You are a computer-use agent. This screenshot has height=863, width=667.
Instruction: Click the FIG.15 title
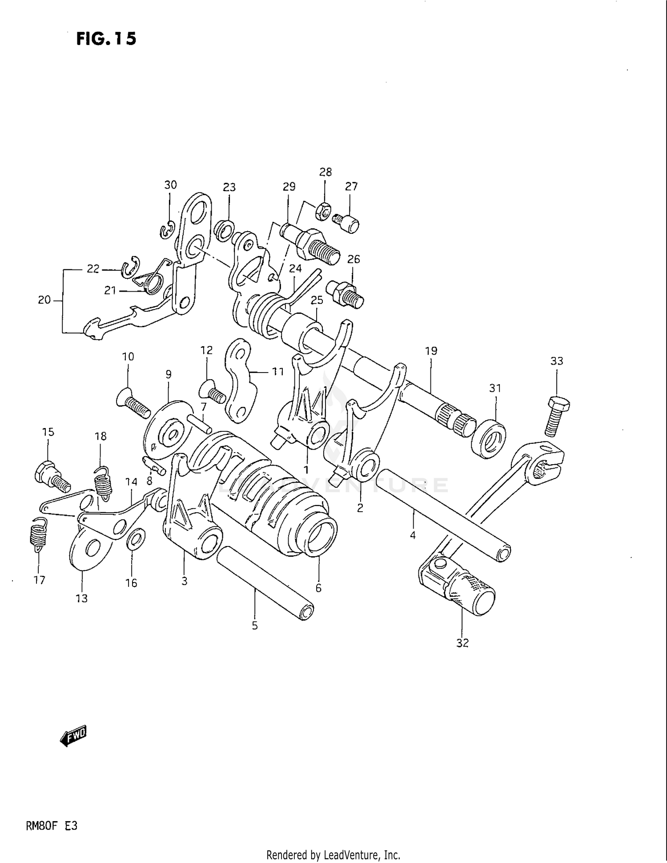click(x=106, y=39)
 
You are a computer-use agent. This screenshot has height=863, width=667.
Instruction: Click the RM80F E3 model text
click(x=52, y=826)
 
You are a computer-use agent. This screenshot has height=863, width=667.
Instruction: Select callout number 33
click(x=557, y=361)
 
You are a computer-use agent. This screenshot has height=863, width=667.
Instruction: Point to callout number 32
click(x=462, y=643)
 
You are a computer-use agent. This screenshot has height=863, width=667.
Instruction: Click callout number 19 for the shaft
click(x=431, y=351)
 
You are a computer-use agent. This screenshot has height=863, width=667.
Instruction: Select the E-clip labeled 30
click(x=168, y=230)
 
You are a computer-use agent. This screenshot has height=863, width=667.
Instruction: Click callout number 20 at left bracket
click(x=44, y=300)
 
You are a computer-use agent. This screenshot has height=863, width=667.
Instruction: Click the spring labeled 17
click(x=39, y=535)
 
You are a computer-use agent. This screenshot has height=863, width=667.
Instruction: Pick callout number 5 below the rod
click(x=255, y=626)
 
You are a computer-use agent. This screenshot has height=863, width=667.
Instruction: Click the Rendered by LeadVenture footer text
click(x=333, y=855)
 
